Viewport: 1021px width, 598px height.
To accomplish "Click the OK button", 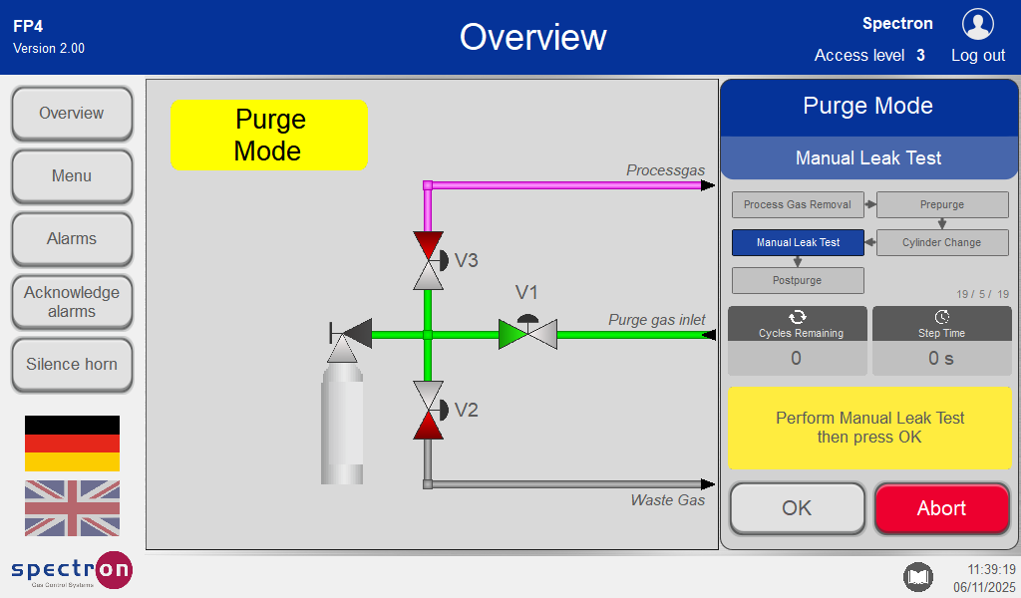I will (x=797, y=508).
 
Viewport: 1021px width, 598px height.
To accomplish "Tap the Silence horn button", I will (x=72, y=364).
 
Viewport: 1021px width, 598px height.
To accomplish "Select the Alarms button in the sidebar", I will (x=72, y=239).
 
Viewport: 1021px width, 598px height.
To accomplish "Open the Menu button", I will (x=72, y=176).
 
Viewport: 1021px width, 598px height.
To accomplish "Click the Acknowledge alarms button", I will (x=72, y=302).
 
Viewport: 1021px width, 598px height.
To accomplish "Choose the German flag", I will (x=72, y=444).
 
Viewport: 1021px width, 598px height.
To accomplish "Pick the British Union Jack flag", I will (x=72, y=508).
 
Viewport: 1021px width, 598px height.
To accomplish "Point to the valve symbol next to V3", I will (x=428, y=260).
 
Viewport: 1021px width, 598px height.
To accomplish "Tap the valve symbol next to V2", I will (x=428, y=410).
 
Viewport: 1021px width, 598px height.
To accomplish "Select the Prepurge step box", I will (x=942, y=204).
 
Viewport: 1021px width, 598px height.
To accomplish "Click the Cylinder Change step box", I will (x=942, y=242).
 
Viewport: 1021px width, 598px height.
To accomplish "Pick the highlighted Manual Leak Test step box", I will (x=798, y=242).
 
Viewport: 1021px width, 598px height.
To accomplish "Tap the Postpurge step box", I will (x=798, y=280).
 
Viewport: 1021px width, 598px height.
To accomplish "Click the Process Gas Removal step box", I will (x=798, y=204).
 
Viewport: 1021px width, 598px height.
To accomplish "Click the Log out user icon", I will (x=978, y=24).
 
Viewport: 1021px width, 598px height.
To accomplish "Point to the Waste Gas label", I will (x=667, y=499).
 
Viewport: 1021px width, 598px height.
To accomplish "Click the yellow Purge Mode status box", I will (x=269, y=135).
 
